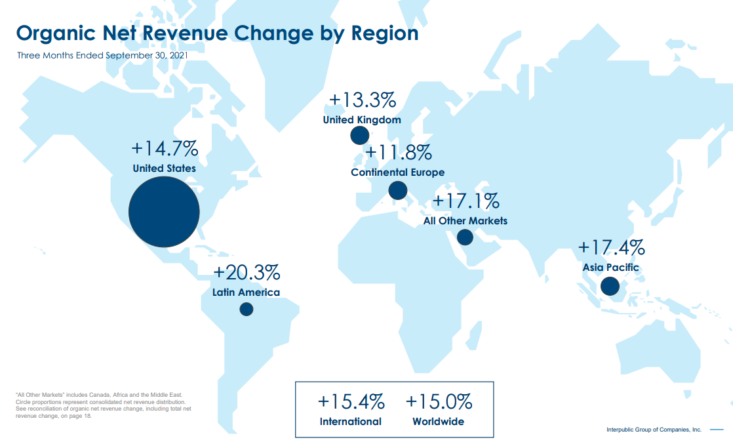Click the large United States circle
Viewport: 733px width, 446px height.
click(164, 212)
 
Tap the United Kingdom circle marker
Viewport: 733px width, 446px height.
click(359, 136)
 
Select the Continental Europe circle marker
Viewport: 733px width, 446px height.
click(398, 191)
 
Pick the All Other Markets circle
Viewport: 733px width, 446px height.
click(465, 237)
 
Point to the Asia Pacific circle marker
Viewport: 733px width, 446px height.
click(610, 286)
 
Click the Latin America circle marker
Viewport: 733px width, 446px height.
click(247, 309)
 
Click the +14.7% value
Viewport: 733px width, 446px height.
click(164, 149)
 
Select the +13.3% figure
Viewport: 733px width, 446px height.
click(362, 100)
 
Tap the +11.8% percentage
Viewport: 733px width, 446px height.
click(398, 153)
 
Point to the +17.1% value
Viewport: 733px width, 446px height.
click(466, 201)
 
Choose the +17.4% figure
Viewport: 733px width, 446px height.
click(611, 248)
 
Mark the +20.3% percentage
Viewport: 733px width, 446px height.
click(247, 272)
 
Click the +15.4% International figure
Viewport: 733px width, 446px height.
click(351, 401)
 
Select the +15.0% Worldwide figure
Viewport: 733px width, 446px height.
click(439, 401)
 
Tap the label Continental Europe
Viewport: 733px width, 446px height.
click(397, 172)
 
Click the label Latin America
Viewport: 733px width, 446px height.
click(246, 293)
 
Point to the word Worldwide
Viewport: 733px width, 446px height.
click(438, 422)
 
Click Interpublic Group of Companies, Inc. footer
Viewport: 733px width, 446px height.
click(654, 430)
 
